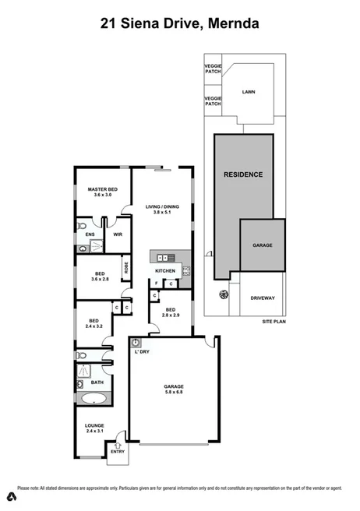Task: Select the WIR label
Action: tap(117, 233)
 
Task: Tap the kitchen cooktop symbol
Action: tap(187, 271)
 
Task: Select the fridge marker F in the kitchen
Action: tap(157, 283)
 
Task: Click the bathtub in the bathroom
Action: tap(94, 399)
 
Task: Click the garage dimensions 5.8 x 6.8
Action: tap(173, 393)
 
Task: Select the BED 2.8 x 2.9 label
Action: tap(171, 312)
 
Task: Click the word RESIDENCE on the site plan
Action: tap(243, 174)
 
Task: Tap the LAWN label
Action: tap(249, 92)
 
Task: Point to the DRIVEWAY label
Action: tap(262, 297)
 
